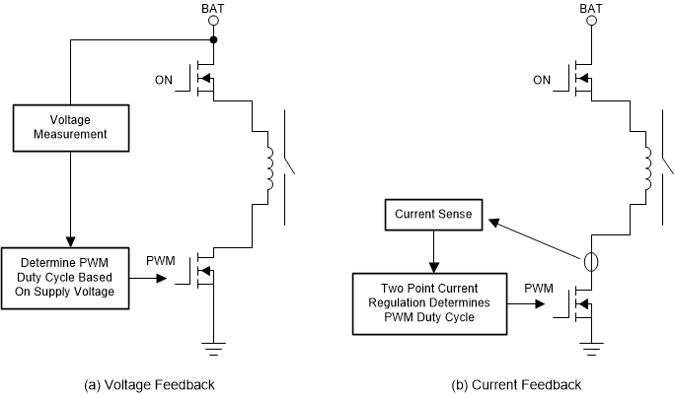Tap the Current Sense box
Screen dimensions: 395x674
[x=431, y=215]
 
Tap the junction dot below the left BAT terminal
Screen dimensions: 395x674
[x=214, y=41]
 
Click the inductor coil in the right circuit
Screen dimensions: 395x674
[x=647, y=165]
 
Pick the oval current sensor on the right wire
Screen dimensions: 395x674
[x=590, y=263]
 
